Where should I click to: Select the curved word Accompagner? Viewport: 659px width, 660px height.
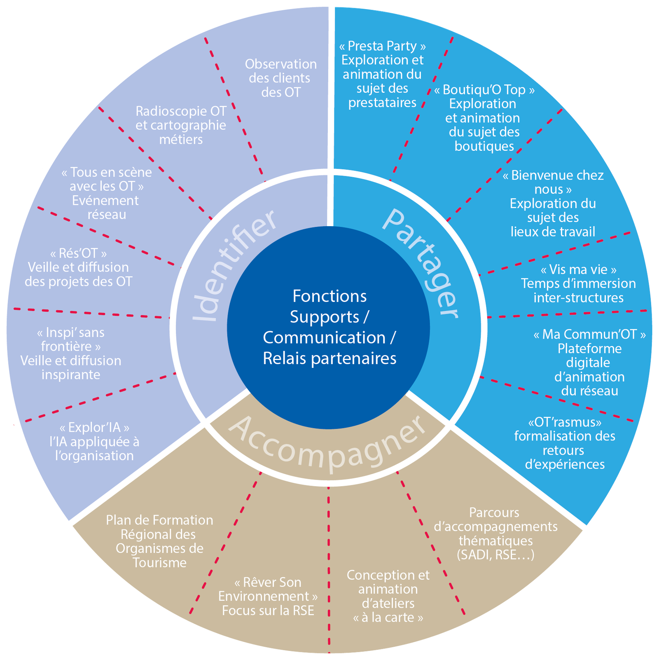(327, 445)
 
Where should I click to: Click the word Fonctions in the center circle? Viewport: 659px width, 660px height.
(329, 296)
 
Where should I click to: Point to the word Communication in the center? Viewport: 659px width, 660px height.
(324, 337)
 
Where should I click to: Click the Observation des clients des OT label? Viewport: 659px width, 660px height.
(280, 78)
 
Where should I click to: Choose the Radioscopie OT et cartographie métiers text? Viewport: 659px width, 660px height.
(181, 125)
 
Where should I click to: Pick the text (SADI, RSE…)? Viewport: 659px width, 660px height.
(495, 555)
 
